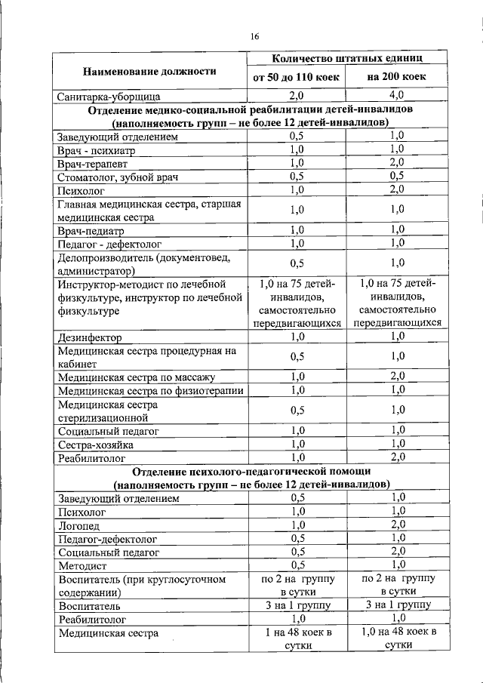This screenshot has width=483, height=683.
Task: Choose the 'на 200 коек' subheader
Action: (397, 78)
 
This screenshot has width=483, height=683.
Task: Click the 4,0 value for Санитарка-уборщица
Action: (397, 96)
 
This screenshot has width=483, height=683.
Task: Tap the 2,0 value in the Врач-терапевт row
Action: (397, 163)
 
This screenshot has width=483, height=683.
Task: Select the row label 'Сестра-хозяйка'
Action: (96, 445)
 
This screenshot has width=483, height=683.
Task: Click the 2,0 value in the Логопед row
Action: (397, 525)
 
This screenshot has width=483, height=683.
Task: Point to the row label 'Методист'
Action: (82, 565)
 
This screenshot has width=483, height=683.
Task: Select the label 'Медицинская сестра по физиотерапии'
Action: (151, 390)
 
